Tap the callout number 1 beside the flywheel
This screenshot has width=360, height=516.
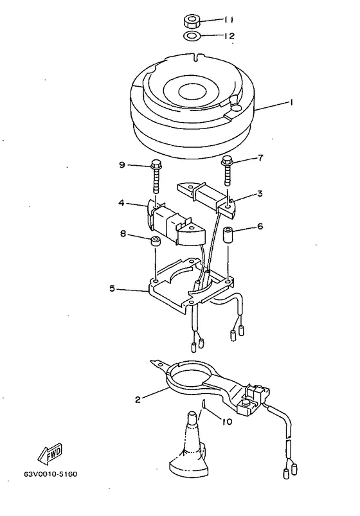(291, 103)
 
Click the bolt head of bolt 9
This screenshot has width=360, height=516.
(155, 163)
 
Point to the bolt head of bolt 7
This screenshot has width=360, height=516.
(227, 161)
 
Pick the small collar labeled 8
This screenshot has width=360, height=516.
(156, 241)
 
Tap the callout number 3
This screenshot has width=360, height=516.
(260, 193)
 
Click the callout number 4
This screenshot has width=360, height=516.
(122, 202)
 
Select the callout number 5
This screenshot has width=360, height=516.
(113, 289)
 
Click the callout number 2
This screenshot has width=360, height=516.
(138, 400)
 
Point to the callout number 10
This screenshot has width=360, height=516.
(227, 422)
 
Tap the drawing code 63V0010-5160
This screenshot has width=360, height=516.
(50, 474)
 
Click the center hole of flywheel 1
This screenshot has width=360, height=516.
(192, 91)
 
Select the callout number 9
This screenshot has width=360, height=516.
(122, 165)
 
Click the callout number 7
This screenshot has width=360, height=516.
(260, 158)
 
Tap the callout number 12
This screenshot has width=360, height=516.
(230, 35)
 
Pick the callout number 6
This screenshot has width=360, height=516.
(260, 226)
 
